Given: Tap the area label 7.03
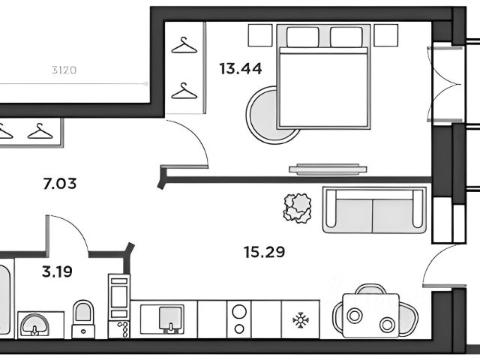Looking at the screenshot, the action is tap(61, 182).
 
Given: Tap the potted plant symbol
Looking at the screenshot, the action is tap(298, 207).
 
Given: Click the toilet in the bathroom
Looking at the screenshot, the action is tap(84, 318).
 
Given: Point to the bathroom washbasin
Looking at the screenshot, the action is tap(34, 324).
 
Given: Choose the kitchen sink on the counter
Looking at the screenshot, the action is tap(172, 319).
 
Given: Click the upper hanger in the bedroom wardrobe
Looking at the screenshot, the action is tap(182, 46).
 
